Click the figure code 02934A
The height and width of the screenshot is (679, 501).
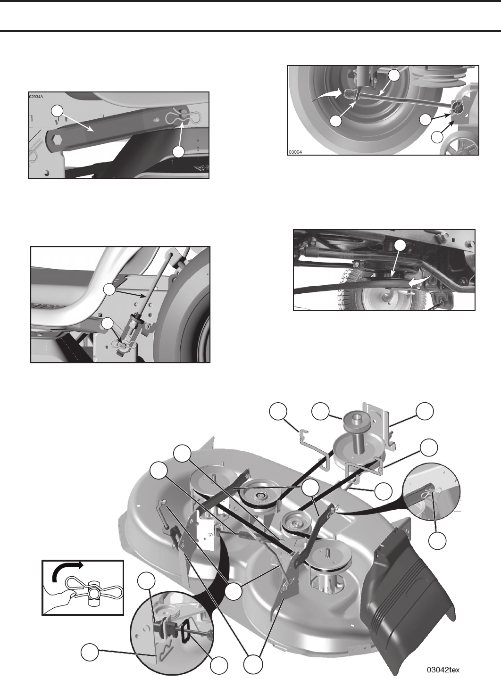(x=36, y=97)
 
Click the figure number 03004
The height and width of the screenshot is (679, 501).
(x=295, y=152)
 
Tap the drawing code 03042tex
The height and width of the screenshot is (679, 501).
(x=443, y=667)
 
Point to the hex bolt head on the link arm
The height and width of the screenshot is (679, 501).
(x=57, y=141)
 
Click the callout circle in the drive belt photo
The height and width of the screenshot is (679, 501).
(x=401, y=246)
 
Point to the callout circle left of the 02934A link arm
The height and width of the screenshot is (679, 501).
(x=57, y=111)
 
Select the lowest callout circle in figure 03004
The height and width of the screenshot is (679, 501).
(x=437, y=137)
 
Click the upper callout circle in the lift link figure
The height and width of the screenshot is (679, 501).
(x=109, y=290)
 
